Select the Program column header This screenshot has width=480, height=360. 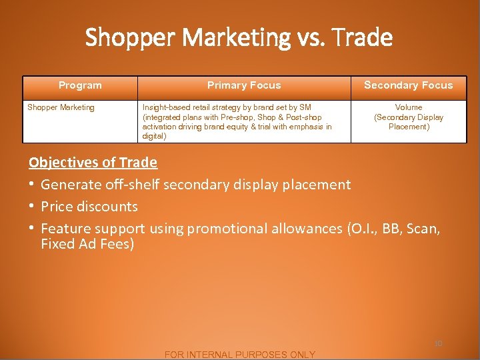coord(80,85)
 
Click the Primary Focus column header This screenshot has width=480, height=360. coord(244,85)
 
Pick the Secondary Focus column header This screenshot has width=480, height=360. coord(408,85)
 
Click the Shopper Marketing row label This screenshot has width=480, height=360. coord(61,107)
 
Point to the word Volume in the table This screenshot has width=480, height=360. coord(409,107)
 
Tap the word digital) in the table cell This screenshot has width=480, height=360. coord(155,136)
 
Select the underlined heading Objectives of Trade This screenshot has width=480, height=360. coord(93,162)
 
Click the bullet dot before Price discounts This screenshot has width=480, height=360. coord(32,207)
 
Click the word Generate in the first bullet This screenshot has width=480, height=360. coord(68,185)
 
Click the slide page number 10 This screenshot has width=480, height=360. coord(438,343)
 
